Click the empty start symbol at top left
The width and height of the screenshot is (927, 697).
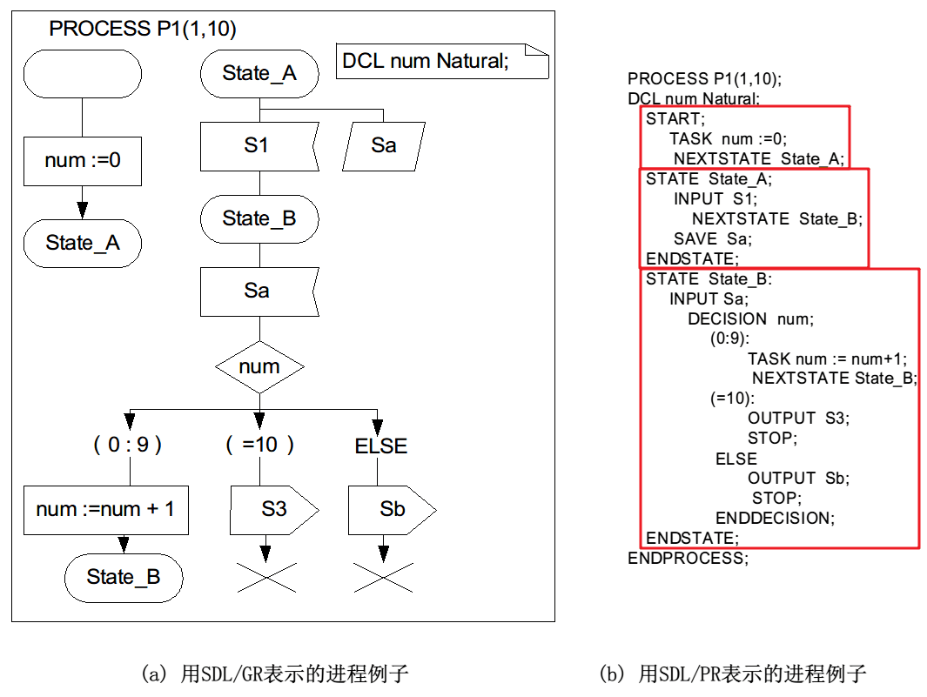83,74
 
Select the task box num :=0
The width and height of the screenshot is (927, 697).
83,160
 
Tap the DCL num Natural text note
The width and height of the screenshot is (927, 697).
442,61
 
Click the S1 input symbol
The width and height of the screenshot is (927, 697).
259,145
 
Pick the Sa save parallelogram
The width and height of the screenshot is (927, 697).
384,145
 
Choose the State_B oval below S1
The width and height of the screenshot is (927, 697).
259,218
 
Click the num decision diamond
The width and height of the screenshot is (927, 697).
259,366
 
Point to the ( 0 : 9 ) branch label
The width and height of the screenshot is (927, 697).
128,445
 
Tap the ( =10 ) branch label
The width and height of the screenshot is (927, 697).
259,445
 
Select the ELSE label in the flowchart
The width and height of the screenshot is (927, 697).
380,446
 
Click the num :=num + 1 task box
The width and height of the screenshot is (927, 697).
105,509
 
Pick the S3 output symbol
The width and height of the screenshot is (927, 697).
273,509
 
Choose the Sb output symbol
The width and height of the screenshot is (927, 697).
391,509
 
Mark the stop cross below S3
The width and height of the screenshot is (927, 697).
265,576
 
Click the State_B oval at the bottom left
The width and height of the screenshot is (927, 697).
124,576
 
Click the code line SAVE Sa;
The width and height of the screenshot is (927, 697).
712,238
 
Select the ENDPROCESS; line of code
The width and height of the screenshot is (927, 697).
687,558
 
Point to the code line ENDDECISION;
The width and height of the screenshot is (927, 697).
775,518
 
